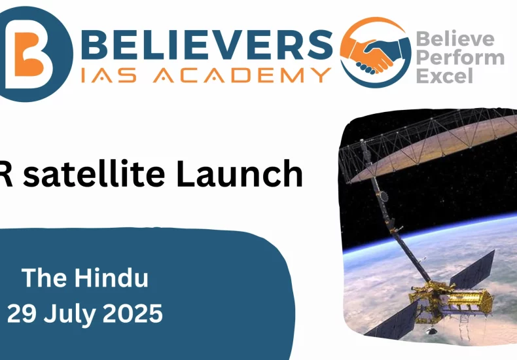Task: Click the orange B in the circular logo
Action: pos(28,54)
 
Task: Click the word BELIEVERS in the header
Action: pos(207,45)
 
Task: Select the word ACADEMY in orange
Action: pos(242,75)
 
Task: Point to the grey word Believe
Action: pos(455,39)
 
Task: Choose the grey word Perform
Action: pos(460,58)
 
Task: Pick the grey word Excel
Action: pos(445,76)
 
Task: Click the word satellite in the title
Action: pos(94,173)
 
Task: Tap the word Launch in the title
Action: pos(240,173)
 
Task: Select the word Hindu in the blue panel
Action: pos(111,278)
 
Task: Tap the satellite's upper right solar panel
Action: pos(472,268)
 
